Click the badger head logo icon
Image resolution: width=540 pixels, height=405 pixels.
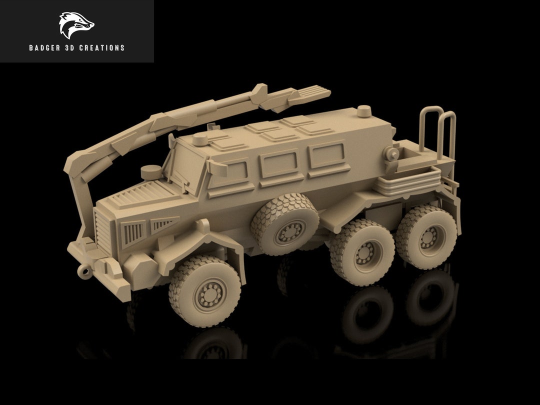click(76, 25)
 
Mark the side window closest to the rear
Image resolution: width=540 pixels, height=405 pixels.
click(327, 156)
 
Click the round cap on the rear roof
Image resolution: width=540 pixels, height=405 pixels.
click(364, 111)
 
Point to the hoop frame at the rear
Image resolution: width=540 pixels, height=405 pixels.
click(439, 130)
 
